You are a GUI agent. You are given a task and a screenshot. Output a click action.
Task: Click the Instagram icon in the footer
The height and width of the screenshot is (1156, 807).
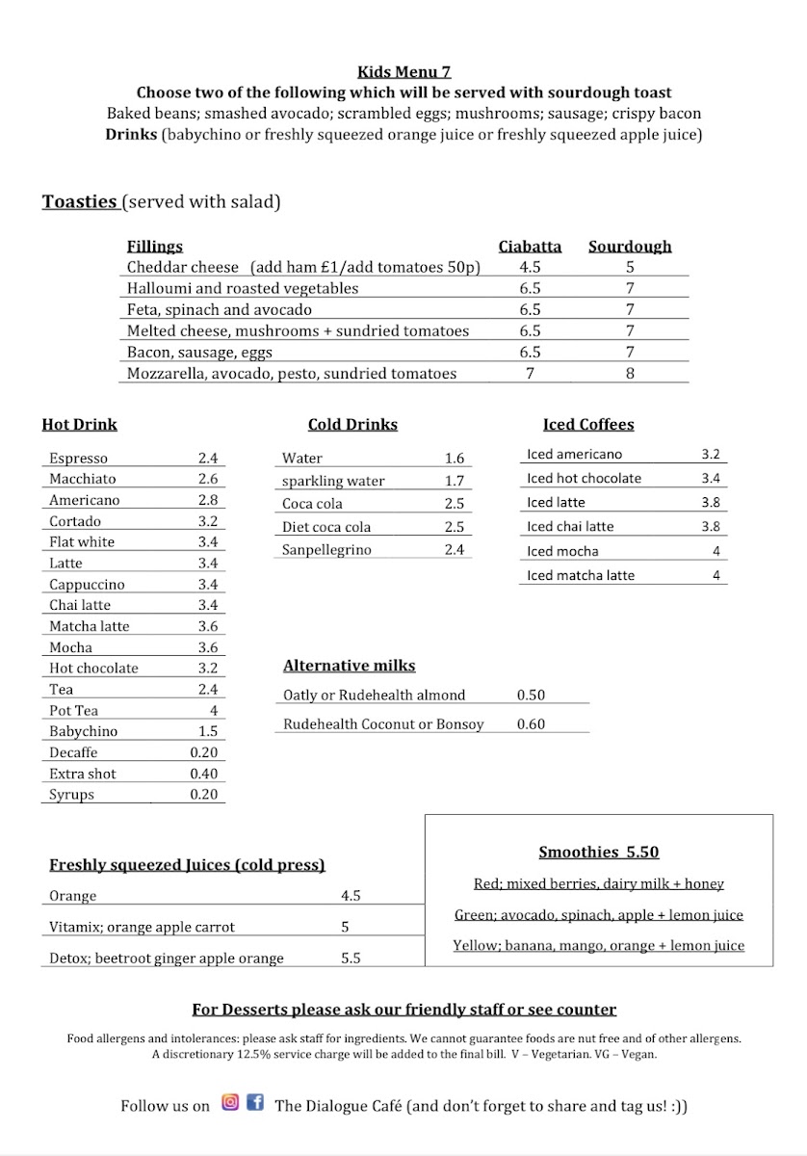(230, 1103)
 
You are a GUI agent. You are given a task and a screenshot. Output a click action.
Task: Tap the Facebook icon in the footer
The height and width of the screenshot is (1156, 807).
(255, 1103)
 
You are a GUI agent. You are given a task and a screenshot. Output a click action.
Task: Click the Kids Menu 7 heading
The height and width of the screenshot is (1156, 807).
(403, 71)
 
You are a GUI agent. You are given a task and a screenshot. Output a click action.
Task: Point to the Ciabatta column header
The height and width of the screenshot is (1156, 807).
(530, 247)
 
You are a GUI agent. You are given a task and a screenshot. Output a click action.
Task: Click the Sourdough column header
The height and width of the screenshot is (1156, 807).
(630, 247)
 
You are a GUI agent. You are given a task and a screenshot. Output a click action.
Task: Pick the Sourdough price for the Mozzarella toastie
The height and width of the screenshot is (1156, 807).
(630, 373)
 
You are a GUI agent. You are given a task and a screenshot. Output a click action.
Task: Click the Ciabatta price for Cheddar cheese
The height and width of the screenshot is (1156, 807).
(530, 268)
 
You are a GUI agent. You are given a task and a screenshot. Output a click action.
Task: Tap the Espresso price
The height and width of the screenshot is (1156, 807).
(208, 459)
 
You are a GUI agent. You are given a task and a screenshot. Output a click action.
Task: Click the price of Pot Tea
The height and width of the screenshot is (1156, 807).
(213, 710)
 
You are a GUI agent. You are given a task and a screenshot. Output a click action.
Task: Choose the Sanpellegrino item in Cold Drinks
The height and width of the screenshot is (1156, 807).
(326, 550)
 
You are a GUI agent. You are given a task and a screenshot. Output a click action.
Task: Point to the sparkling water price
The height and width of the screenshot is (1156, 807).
(455, 481)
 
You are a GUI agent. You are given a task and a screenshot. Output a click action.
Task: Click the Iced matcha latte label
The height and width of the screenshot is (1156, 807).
(581, 575)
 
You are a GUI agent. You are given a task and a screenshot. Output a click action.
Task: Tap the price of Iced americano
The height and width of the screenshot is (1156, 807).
(711, 455)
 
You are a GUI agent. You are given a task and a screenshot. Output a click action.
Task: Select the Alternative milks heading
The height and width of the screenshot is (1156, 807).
(349, 666)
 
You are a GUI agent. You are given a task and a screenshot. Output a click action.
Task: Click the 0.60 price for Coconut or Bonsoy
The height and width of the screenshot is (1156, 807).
(531, 724)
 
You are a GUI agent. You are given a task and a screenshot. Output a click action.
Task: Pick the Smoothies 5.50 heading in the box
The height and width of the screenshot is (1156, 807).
(598, 852)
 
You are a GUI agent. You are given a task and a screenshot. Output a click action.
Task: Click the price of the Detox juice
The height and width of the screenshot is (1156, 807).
(351, 959)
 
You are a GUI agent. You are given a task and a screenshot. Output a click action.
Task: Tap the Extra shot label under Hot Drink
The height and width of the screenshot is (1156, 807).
(83, 774)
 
